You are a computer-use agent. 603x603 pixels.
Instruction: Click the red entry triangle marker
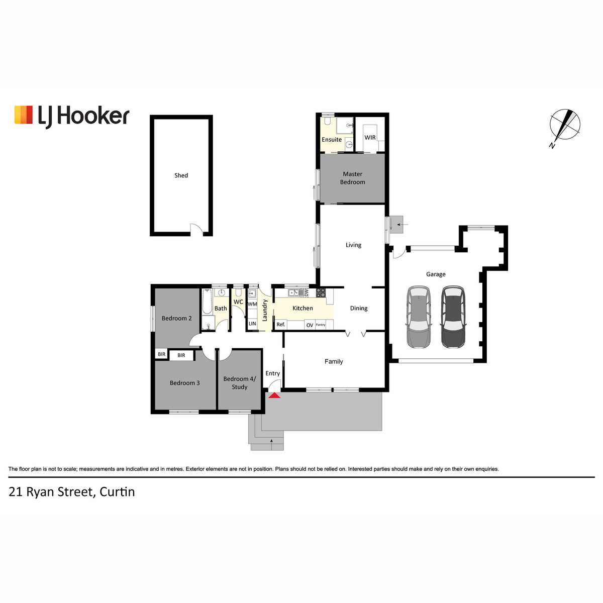coord(274,395)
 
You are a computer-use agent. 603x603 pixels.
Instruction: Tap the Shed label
coord(181,175)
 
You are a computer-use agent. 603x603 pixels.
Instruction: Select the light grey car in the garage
coord(419,317)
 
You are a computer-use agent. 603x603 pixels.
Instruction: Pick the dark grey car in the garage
coord(453,317)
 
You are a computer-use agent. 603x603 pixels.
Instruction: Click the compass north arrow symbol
coord(564,125)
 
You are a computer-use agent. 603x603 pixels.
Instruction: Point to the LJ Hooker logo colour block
coord(24,115)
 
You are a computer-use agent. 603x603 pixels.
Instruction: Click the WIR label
coord(370,138)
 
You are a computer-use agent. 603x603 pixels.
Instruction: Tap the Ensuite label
coord(332,140)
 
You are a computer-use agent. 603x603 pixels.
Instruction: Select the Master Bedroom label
coord(353,178)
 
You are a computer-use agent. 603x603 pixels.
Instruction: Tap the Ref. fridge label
coord(281,325)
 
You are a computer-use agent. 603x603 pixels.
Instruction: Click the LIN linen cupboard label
coord(252,324)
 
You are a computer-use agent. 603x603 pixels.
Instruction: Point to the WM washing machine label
coord(252,304)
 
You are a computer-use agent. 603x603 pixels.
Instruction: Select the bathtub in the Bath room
coord(207,301)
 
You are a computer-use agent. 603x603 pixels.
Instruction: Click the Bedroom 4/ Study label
coord(240,383)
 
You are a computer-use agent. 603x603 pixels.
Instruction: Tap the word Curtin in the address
coord(117,492)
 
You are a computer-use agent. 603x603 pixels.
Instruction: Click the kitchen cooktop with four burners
coord(321,293)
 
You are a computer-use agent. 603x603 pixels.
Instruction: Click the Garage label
coord(436,274)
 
